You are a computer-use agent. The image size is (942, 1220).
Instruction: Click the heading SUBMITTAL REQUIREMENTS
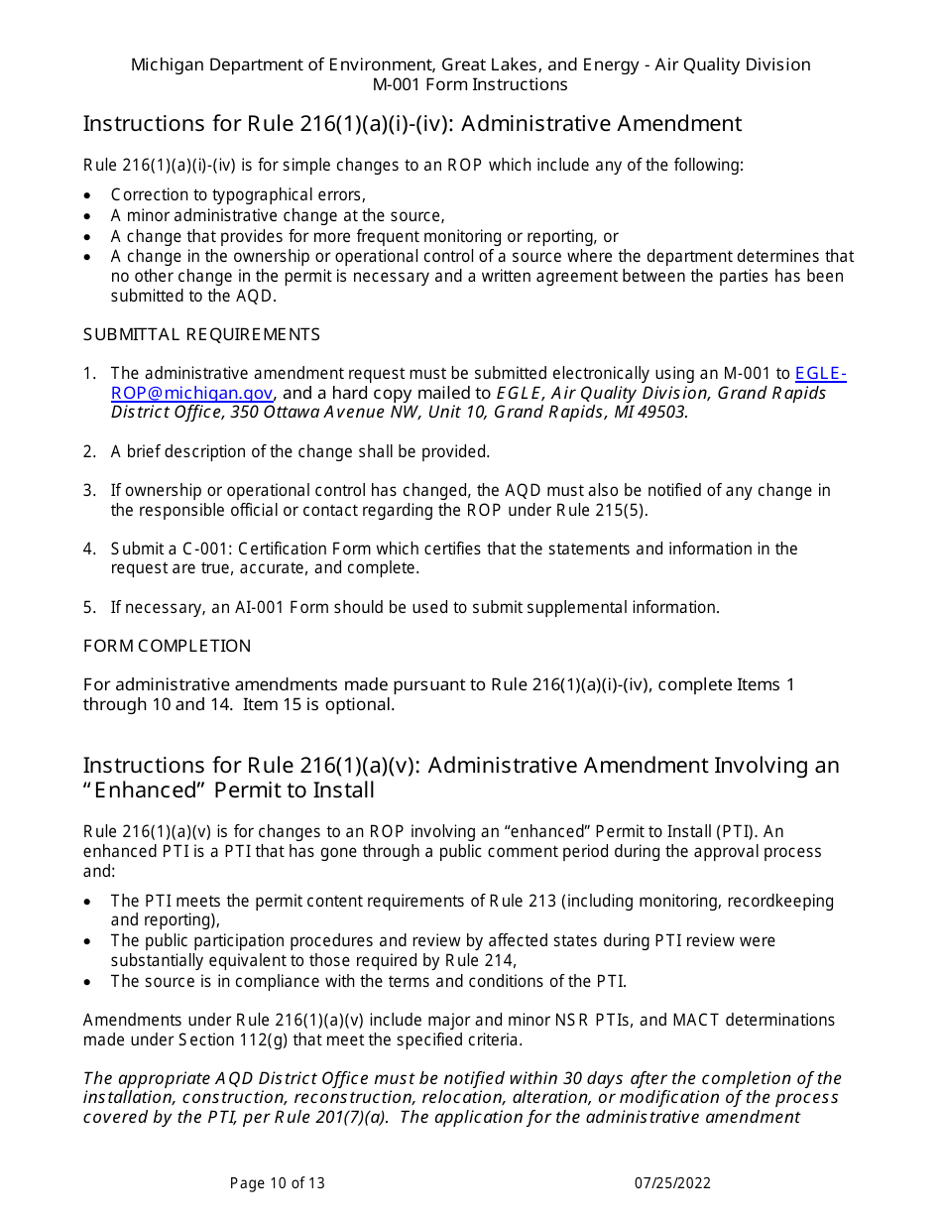201,334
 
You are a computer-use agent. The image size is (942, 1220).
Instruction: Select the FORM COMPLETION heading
167,646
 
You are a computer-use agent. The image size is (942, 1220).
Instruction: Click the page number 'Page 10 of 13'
277,1182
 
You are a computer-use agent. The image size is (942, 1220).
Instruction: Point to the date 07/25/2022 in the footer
672,1182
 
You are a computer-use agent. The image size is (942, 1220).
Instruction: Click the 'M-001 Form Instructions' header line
470,84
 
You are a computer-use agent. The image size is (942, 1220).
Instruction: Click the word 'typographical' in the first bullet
262,195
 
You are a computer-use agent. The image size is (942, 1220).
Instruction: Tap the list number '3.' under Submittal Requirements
89,490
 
